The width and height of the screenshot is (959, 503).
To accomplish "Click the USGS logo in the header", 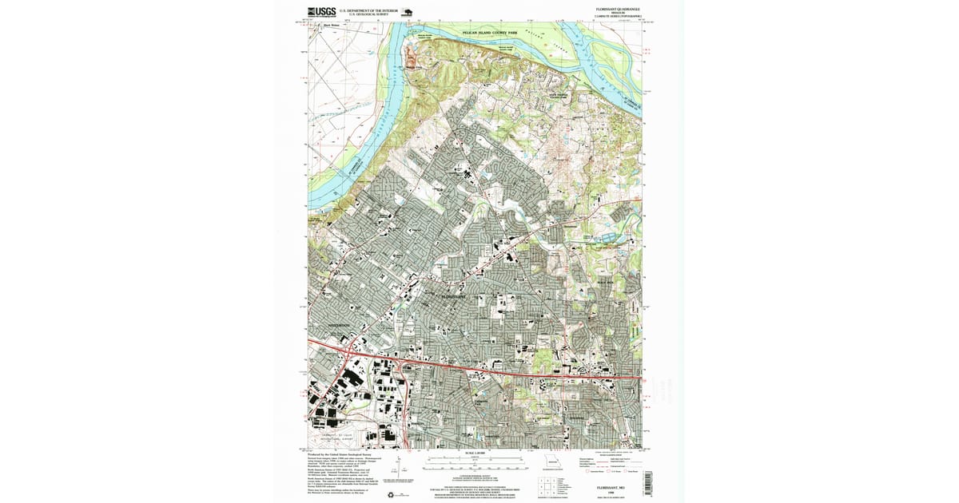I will pos(321,12).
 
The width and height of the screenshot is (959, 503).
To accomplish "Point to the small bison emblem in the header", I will pos(407,13).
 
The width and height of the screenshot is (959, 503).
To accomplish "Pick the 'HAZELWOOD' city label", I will pos(332,326).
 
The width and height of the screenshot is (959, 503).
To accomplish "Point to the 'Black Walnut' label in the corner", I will pos(331,25).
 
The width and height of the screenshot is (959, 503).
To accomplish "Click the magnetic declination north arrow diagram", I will pos(409,468).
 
